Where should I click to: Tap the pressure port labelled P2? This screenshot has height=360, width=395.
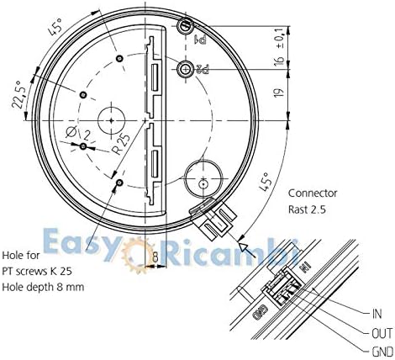point(185,68)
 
